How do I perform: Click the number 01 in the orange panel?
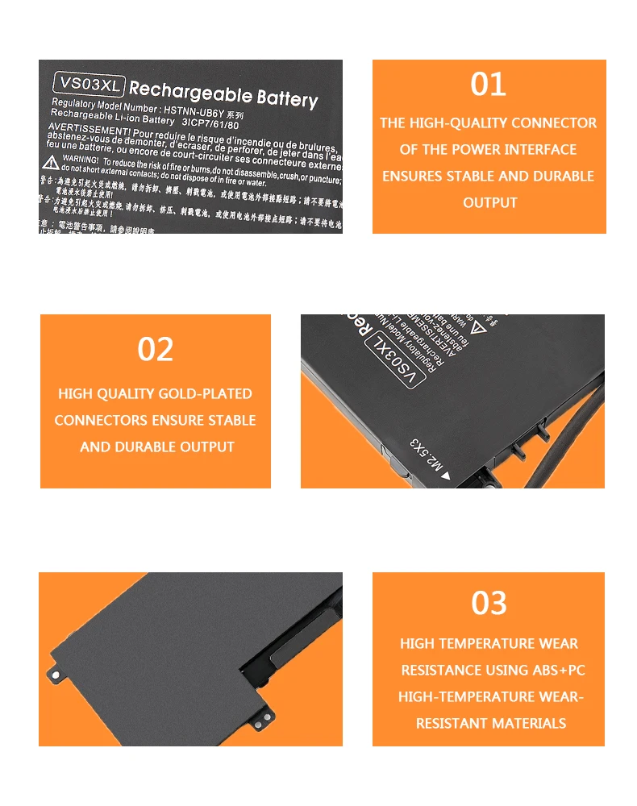(488, 85)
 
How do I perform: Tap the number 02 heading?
(156, 350)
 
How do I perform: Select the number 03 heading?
(489, 603)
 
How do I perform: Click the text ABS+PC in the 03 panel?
(558, 671)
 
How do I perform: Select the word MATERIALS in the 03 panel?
(527, 724)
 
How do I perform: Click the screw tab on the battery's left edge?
(56, 671)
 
